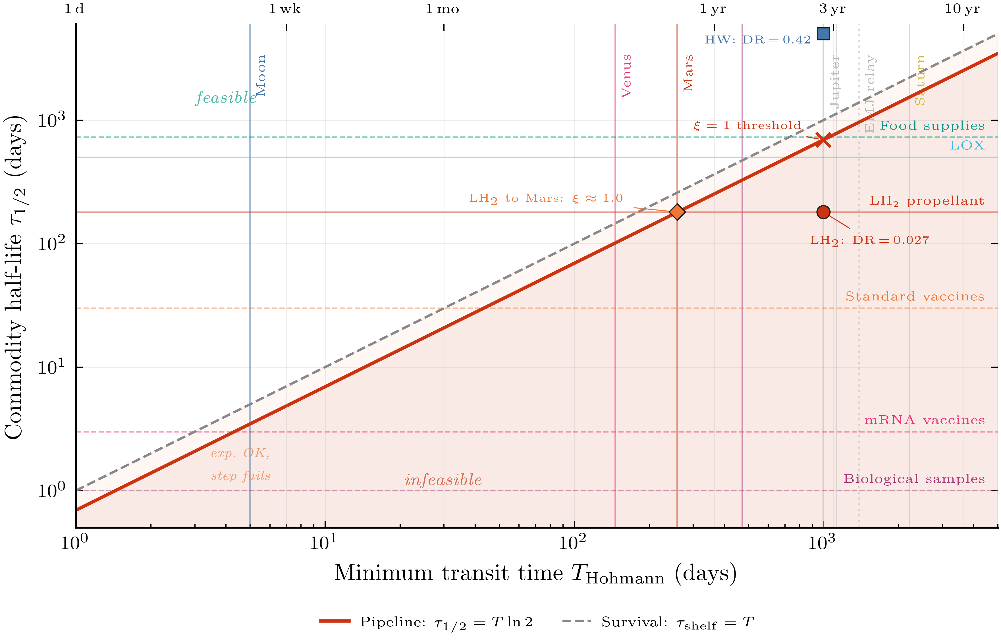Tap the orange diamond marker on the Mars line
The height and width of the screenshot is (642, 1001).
click(677, 212)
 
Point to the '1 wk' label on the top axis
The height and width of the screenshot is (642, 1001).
click(285, 9)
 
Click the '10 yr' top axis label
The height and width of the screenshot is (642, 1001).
click(962, 9)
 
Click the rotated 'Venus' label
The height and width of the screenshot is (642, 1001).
click(626, 76)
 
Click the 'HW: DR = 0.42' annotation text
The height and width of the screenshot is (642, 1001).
click(757, 40)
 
